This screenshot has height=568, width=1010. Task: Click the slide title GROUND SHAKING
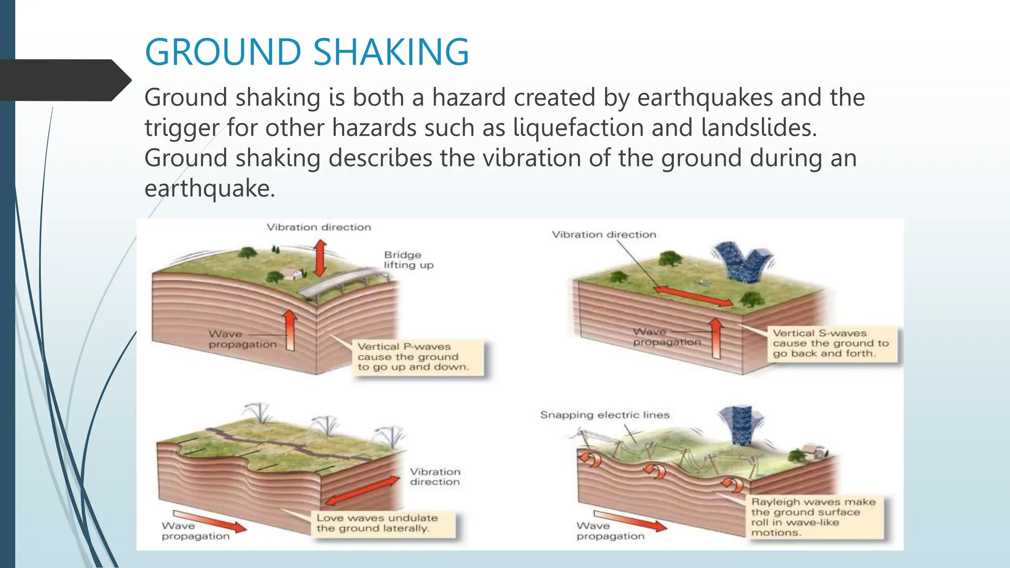click(x=307, y=52)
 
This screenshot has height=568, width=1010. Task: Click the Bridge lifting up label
click(x=408, y=260)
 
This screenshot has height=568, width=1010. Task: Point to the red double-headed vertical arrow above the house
click(x=321, y=258)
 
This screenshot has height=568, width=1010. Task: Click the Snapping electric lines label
click(x=605, y=415)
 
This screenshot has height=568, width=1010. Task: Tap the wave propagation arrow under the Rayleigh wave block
click(x=630, y=521)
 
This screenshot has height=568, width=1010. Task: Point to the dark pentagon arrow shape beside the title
click(x=64, y=80)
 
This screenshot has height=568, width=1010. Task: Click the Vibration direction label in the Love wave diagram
click(x=435, y=477)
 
